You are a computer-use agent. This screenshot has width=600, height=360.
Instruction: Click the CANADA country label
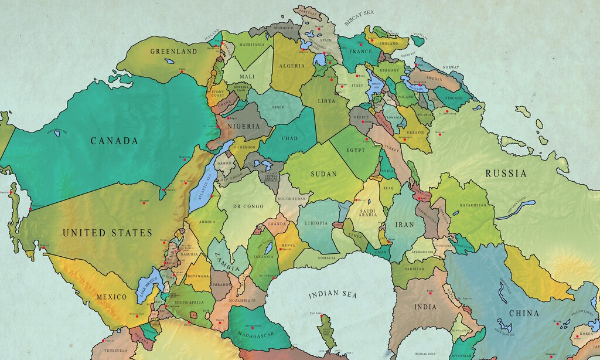pos(114,141)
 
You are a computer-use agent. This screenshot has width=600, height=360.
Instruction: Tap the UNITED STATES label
pos(107,233)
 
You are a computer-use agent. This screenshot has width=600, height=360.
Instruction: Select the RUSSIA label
pos(506,174)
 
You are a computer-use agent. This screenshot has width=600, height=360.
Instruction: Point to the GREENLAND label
pos(173,52)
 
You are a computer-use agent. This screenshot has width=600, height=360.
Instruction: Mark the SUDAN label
pos(323,174)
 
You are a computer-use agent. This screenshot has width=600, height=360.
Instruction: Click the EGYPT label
pos(355,150)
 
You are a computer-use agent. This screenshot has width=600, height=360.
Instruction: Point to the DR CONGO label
pos(247,206)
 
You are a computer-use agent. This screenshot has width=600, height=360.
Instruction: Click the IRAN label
pos(404,225)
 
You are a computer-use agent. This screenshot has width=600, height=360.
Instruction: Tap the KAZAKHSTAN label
pos(469,205)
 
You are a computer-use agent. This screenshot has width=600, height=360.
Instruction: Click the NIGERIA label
pos(243,127)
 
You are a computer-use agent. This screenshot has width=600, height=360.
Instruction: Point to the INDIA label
pos(425,307)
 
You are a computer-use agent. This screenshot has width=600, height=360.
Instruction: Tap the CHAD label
pos(289,139)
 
